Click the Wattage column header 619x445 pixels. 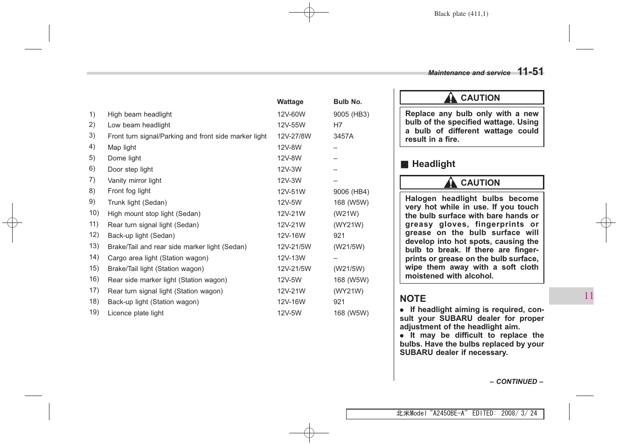pyautogui.click(x=290, y=102)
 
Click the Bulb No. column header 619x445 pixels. pyautogui.click(x=347, y=102)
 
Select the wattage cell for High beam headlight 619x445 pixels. pyautogui.click(x=291, y=114)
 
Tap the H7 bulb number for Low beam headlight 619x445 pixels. pyautogui.click(x=338, y=125)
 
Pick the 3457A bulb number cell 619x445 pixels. pyautogui.click(x=343, y=136)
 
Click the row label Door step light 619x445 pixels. pyautogui.click(x=130, y=169)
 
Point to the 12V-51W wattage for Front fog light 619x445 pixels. pyautogui.click(x=291, y=192)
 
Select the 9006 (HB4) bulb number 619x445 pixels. pyautogui.click(x=351, y=192)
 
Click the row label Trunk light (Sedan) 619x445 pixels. pyautogui.click(x=137, y=202)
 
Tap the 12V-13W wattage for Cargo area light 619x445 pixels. pyautogui.click(x=291, y=258)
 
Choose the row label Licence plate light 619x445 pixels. pyautogui.click(x=135, y=313)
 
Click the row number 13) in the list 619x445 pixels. pyautogui.click(x=94, y=246)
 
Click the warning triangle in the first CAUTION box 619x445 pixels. pyautogui.click(x=450, y=98)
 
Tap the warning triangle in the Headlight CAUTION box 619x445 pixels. pyautogui.click(x=450, y=183)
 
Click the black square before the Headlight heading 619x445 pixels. pyautogui.click(x=404, y=164)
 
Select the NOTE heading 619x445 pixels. pyautogui.click(x=412, y=299)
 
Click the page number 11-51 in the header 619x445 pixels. pyautogui.click(x=530, y=72)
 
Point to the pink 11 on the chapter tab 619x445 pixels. pyautogui.click(x=588, y=296)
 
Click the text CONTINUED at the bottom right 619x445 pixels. pyautogui.click(x=516, y=382)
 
